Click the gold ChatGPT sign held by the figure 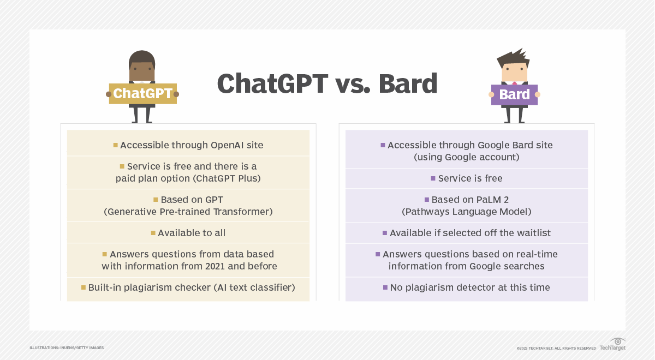[x=142, y=94]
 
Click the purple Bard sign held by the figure [x=514, y=95]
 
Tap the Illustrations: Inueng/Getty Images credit [x=67, y=347]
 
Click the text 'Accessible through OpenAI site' [x=192, y=145]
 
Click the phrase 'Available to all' [x=192, y=233]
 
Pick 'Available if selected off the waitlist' [x=470, y=233]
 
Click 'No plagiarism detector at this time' [x=470, y=287]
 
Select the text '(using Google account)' [x=466, y=157]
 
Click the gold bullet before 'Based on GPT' [x=156, y=200]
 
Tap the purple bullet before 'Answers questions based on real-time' [x=378, y=254]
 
